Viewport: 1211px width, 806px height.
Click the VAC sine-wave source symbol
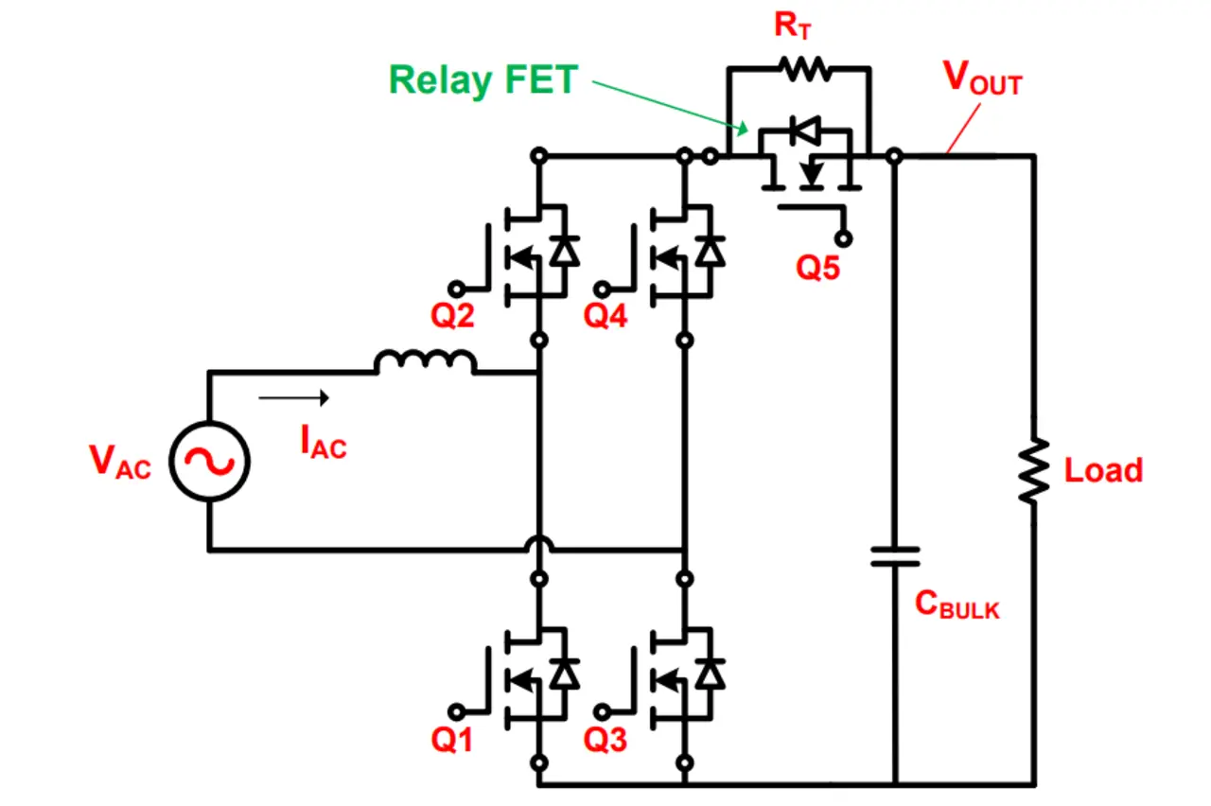[209, 461]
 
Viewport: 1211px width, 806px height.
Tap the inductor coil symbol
[426, 362]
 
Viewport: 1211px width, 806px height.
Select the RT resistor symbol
[802, 68]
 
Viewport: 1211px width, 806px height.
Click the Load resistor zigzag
[1034, 470]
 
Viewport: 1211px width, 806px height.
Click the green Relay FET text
[483, 80]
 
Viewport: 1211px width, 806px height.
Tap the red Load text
[1103, 470]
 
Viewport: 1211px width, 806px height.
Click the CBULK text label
[957, 605]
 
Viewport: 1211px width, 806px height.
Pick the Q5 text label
[817, 268]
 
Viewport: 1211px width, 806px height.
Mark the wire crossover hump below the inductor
[538, 544]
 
